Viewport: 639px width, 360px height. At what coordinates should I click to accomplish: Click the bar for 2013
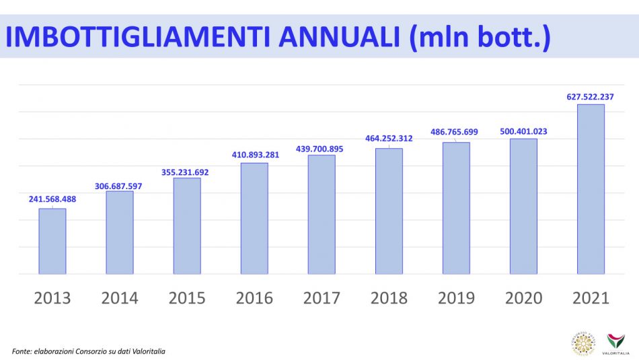click(x=52, y=241)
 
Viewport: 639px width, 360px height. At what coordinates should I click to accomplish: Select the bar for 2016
click(x=254, y=218)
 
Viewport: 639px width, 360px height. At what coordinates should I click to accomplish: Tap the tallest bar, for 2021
click(x=591, y=189)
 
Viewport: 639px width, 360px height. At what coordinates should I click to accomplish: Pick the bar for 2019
click(x=456, y=208)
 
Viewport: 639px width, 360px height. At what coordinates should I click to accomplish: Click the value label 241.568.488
click(x=52, y=199)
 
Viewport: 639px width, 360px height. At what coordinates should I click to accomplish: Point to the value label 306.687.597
click(x=120, y=182)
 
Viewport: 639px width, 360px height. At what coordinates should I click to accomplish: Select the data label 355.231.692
click(x=184, y=172)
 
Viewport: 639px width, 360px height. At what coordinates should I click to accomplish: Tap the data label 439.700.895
click(x=319, y=149)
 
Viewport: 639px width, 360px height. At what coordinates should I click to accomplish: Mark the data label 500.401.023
click(x=523, y=131)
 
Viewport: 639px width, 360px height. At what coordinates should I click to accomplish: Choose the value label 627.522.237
click(x=590, y=97)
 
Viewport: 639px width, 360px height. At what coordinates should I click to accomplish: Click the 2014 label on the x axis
click(x=120, y=298)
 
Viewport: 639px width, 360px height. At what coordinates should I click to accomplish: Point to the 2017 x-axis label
click(x=322, y=298)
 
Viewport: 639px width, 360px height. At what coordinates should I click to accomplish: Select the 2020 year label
click(x=523, y=298)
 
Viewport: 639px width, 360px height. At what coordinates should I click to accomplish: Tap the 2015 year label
click(x=187, y=298)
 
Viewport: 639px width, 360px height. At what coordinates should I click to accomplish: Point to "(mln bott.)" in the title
click(x=480, y=37)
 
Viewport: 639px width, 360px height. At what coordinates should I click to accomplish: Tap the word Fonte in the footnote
click(x=22, y=351)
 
